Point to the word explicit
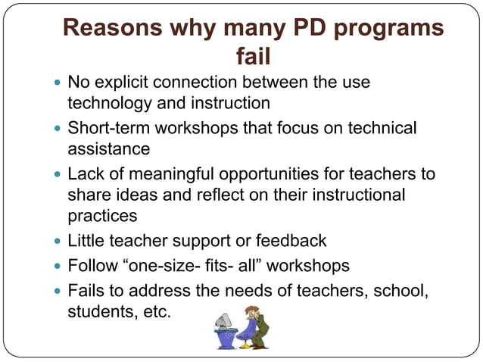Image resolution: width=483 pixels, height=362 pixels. tap(123, 82)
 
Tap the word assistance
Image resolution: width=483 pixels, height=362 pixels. tap(109, 148)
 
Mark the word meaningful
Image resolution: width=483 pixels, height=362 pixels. tap(174, 174)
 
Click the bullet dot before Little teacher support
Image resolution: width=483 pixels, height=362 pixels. tap(58, 242)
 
